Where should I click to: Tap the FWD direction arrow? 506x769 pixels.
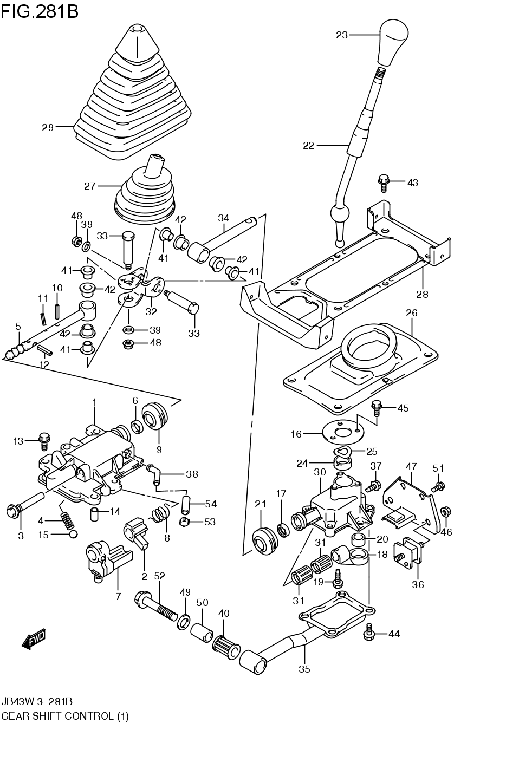pyautogui.click(x=34, y=639)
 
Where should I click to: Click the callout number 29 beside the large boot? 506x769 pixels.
pyautogui.click(x=48, y=127)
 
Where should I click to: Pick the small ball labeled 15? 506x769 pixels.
pyautogui.click(x=73, y=535)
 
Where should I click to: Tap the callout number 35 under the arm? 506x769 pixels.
pyautogui.click(x=304, y=669)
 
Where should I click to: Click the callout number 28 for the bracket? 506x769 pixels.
pyautogui.click(x=422, y=294)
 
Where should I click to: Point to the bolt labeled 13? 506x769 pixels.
pyautogui.click(x=44, y=441)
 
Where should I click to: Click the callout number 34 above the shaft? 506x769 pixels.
pyautogui.click(x=224, y=218)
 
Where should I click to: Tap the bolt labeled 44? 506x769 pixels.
pyautogui.click(x=371, y=633)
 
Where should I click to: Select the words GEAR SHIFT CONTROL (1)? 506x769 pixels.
pyautogui.click(x=65, y=716)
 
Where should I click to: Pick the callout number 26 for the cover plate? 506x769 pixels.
pyautogui.click(x=412, y=313)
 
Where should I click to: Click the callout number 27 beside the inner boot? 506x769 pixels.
pyautogui.click(x=89, y=186)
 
